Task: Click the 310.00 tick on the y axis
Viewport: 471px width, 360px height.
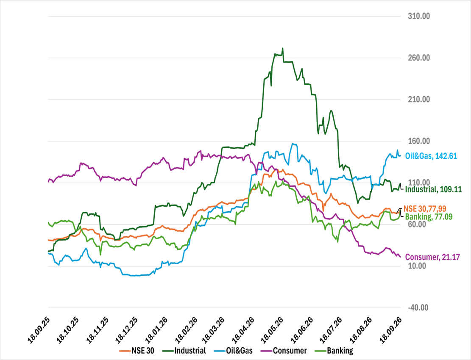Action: [419, 16]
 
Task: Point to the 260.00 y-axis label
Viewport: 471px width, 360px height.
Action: [419, 58]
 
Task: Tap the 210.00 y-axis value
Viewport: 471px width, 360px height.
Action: [419, 99]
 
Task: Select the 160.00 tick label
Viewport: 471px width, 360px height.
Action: [419, 141]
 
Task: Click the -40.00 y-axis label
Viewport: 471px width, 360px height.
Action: [418, 307]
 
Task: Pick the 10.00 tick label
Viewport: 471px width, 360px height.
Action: [416, 266]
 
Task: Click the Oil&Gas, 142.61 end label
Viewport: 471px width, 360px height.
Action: [431, 156]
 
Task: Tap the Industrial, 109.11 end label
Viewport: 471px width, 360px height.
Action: [433, 189]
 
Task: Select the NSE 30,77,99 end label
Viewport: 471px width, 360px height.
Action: [425, 208]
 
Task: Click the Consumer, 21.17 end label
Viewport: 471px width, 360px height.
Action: [432, 257]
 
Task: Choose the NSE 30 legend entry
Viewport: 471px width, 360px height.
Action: [137, 351]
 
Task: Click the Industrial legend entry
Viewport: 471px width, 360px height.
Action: [184, 351]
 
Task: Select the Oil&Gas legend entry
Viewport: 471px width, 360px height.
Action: [233, 351]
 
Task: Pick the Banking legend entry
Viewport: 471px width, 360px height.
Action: [334, 351]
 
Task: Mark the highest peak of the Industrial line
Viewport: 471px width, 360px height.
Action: [283, 48]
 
